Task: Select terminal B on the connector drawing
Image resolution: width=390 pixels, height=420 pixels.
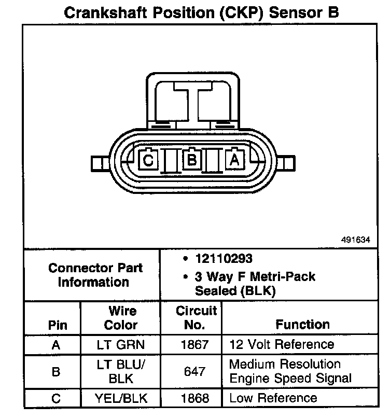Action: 192,160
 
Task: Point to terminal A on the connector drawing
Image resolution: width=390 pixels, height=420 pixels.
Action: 234,160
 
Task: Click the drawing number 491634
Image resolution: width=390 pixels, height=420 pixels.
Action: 356,240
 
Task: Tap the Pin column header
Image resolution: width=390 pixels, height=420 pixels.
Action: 58,325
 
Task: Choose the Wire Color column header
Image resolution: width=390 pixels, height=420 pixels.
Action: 121,318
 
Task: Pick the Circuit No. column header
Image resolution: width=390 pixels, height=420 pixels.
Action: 196,318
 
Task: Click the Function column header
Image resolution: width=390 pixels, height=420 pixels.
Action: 302,325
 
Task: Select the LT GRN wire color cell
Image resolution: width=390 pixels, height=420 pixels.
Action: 121,344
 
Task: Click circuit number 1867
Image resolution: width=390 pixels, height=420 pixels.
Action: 196,344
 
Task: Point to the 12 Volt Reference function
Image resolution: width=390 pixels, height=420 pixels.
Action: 282,344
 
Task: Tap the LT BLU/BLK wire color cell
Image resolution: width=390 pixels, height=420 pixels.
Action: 121,371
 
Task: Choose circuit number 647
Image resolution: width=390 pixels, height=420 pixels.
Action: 196,372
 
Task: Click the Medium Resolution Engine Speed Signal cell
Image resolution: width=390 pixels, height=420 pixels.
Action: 290,371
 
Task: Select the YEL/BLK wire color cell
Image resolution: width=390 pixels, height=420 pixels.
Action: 121,398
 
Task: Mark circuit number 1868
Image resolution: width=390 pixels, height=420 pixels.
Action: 196,398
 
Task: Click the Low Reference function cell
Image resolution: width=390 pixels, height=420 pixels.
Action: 273,398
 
